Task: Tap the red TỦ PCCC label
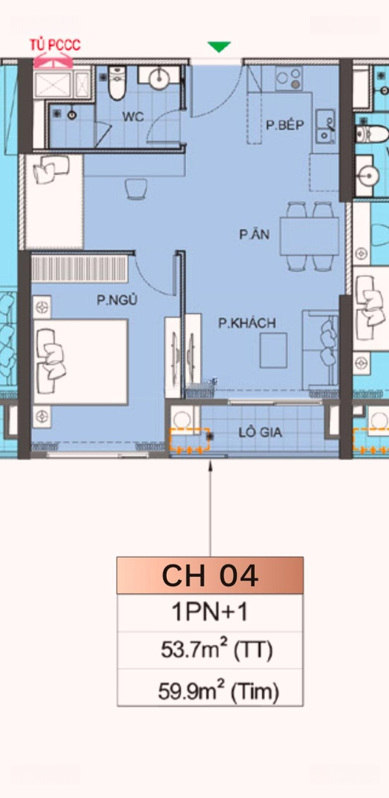[x=55, y=46]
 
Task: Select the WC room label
[x=133, y=116]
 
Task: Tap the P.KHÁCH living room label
[x=247, y=323]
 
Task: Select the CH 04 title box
[x=210, y=576]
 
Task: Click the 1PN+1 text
[x=210, y=613]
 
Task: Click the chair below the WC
[x=136, y=189]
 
